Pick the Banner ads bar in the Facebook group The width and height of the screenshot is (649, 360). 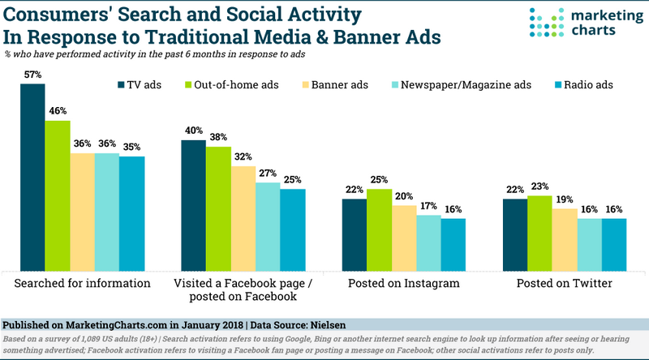[243, 218]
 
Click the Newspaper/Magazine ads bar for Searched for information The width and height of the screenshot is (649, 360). [107, 211]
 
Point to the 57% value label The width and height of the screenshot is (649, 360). [32, 75]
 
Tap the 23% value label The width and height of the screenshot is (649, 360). [540, 187]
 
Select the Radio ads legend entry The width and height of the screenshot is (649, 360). [590, 84]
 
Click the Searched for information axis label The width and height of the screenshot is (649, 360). [83, 284]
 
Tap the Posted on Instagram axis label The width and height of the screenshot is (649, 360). [403, 284]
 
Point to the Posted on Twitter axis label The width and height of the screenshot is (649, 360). [565, 284]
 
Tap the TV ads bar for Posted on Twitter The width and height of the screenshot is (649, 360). [515, 234]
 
